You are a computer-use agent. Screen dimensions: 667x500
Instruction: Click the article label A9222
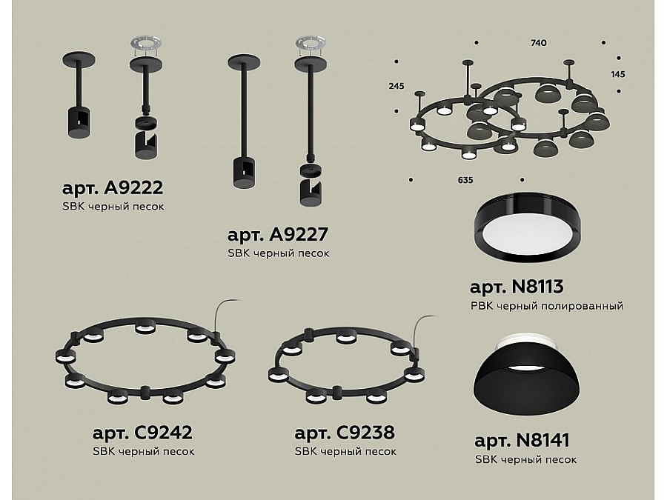[x=113, y=188]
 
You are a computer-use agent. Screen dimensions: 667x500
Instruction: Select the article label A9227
[x=278, y=235]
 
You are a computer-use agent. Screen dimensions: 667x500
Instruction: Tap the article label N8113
[x=517, y=287]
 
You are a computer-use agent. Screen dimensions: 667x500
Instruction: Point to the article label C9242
[x=142, y=433]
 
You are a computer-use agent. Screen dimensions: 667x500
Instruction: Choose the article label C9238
[x=345, y=433]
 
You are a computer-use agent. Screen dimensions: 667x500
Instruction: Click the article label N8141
[x=522, y=441]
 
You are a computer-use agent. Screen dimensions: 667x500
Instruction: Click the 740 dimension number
[x=539, y=43]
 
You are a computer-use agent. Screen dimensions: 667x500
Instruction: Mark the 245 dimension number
[x=396, y=87]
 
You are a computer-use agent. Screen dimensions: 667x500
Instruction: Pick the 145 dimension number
[x=617, y=74]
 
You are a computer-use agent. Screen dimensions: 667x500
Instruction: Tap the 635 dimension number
[x=465, y=180]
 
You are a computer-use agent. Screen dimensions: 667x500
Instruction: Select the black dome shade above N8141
[x=527, y=381]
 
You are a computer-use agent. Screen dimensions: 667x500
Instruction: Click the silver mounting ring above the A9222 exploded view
[x=146, y=44]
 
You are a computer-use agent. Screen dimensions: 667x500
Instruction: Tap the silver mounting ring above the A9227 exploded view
[x=311, y=44]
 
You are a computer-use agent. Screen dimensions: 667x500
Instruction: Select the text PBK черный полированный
[x=547, y=306]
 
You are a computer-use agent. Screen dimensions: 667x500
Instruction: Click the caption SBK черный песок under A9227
[x=278, y=253]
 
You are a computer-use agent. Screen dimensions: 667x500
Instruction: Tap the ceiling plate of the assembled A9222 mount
[x=79, y=59]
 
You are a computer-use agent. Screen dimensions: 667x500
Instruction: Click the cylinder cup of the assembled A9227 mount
[x=244, y=173]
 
